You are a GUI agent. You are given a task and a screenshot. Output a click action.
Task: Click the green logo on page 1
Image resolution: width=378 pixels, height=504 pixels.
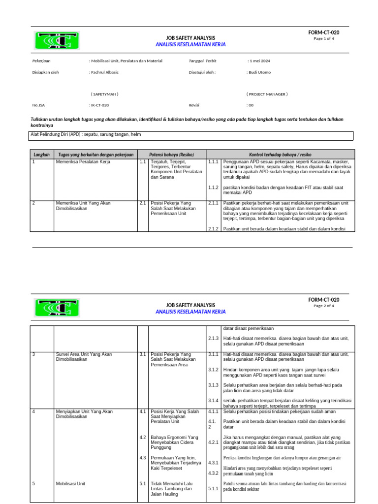tap(57, 40)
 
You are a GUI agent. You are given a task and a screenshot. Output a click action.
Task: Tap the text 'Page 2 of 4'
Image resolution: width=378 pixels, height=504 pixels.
tap(324, 306)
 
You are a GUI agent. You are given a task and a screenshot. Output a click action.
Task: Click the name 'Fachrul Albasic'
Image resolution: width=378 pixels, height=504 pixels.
tap(104, 72)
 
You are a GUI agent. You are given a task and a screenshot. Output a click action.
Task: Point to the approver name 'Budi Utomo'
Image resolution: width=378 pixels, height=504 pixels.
tap(259, 72)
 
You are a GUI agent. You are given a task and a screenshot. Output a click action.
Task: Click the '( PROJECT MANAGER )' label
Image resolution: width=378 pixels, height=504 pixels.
tap(267, 94)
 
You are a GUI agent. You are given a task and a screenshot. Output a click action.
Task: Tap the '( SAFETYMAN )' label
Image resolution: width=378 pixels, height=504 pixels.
tap(104, 94)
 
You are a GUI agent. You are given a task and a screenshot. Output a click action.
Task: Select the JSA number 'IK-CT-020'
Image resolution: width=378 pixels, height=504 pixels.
tap(99, 105)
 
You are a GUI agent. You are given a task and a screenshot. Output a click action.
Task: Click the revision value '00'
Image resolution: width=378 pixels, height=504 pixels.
tap(250, 105)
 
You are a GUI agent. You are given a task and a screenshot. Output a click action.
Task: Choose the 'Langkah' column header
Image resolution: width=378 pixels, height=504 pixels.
tap(42, 154)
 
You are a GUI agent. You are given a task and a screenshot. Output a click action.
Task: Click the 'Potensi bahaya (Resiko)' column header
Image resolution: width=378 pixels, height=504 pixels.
tap(171, 154)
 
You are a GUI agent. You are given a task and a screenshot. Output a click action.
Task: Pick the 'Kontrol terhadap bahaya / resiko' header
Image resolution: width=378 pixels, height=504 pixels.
tap(280, 154)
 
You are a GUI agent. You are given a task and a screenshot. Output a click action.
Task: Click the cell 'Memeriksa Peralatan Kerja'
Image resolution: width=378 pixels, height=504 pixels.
tap(83, 161)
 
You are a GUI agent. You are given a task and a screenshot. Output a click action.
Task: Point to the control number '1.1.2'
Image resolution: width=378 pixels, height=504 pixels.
tap(213, 188)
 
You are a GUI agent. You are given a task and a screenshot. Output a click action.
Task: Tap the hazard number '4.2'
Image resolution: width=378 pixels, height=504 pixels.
tap(142, 437)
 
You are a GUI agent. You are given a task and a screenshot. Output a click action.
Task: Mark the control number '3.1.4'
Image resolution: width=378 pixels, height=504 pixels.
tap(213, 401)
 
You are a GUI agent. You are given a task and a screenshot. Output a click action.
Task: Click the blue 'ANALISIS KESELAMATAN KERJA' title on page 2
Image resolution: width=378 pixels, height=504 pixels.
tap(190, 312)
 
